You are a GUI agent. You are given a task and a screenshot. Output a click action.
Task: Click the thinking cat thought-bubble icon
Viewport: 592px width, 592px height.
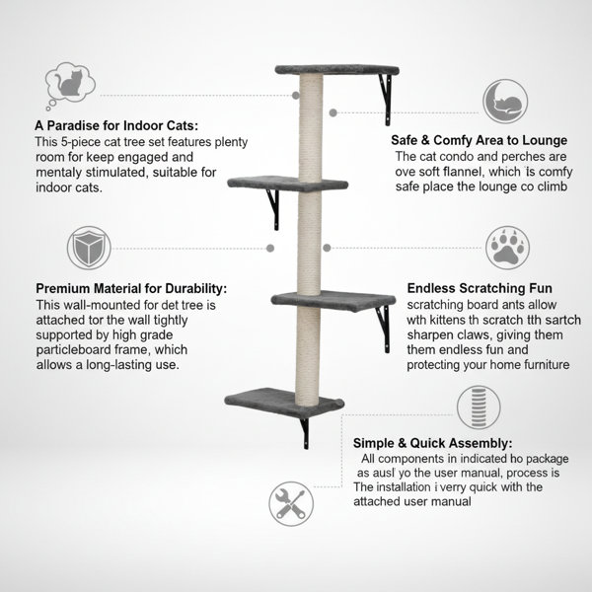pyautogui.click(x=70, y=86)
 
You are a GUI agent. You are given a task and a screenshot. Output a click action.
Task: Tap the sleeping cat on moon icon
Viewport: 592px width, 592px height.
pyautogui.click(x=505, y=102)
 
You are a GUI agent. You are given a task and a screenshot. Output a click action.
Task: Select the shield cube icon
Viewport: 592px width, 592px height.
pyautogui.click(x=89, y=248)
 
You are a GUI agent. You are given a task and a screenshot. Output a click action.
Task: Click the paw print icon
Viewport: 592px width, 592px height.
pyautogui.click(x=507, y=248)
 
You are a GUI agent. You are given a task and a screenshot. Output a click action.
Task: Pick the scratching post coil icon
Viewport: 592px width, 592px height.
pyautogui.click(x=479, y=407)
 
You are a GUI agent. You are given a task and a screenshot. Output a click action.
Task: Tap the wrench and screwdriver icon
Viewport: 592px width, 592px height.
pyautogui.click(x=291, y=503)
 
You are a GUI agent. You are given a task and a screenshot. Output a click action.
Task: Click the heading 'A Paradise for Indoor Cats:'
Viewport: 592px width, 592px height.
pyautogui.click(x=116, y=125)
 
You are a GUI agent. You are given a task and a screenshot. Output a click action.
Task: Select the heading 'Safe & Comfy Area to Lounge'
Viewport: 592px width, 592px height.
pyautogui.click(x=480, y=140)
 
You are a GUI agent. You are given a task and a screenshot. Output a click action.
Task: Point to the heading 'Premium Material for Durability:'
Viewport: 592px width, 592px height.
pyautogui.click(x=131, y=288)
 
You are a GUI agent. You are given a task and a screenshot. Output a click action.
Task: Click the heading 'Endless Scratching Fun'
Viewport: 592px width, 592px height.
pyautogui.click(x=480, y=288)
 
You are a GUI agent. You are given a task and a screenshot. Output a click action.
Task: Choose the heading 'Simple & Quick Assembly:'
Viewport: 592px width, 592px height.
pyautogui.click(x=433, y=443)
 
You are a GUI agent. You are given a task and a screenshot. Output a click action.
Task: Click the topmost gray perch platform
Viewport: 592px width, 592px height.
pyautogui.click(x=336, y=70)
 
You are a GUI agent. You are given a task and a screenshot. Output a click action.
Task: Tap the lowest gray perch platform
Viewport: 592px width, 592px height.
pyautogui.click(x=284, y=403)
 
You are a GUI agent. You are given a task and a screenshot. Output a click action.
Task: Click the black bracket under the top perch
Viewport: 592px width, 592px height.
pyautogui.click(x=386, y=99)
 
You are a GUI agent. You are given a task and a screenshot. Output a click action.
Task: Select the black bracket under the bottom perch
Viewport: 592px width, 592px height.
pyautogui.click(x=305, y=433)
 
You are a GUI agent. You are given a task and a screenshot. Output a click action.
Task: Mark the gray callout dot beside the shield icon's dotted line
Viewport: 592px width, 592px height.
pyautogui.click(x=270, y=248)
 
